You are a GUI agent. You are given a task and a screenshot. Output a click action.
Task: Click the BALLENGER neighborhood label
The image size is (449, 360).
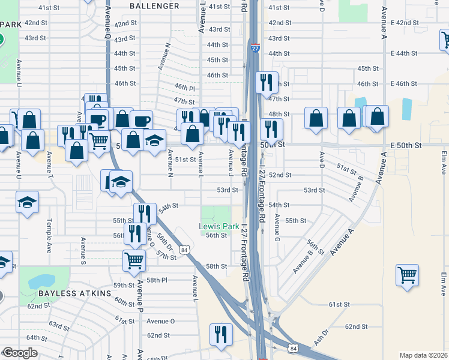154,6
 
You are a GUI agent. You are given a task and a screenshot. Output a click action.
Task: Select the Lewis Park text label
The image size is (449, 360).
219,227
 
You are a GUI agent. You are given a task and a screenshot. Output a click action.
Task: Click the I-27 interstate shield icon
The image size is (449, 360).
255,47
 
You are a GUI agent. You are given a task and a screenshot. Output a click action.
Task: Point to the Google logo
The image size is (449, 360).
20,353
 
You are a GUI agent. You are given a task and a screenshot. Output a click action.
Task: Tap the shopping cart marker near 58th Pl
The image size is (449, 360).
134,260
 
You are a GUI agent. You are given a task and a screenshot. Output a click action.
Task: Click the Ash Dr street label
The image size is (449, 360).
322,337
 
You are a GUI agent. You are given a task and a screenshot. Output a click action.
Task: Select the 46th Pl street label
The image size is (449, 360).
184,88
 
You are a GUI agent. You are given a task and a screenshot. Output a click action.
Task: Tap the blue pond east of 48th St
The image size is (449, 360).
406,108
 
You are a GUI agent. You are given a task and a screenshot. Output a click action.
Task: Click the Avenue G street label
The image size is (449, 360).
277,227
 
